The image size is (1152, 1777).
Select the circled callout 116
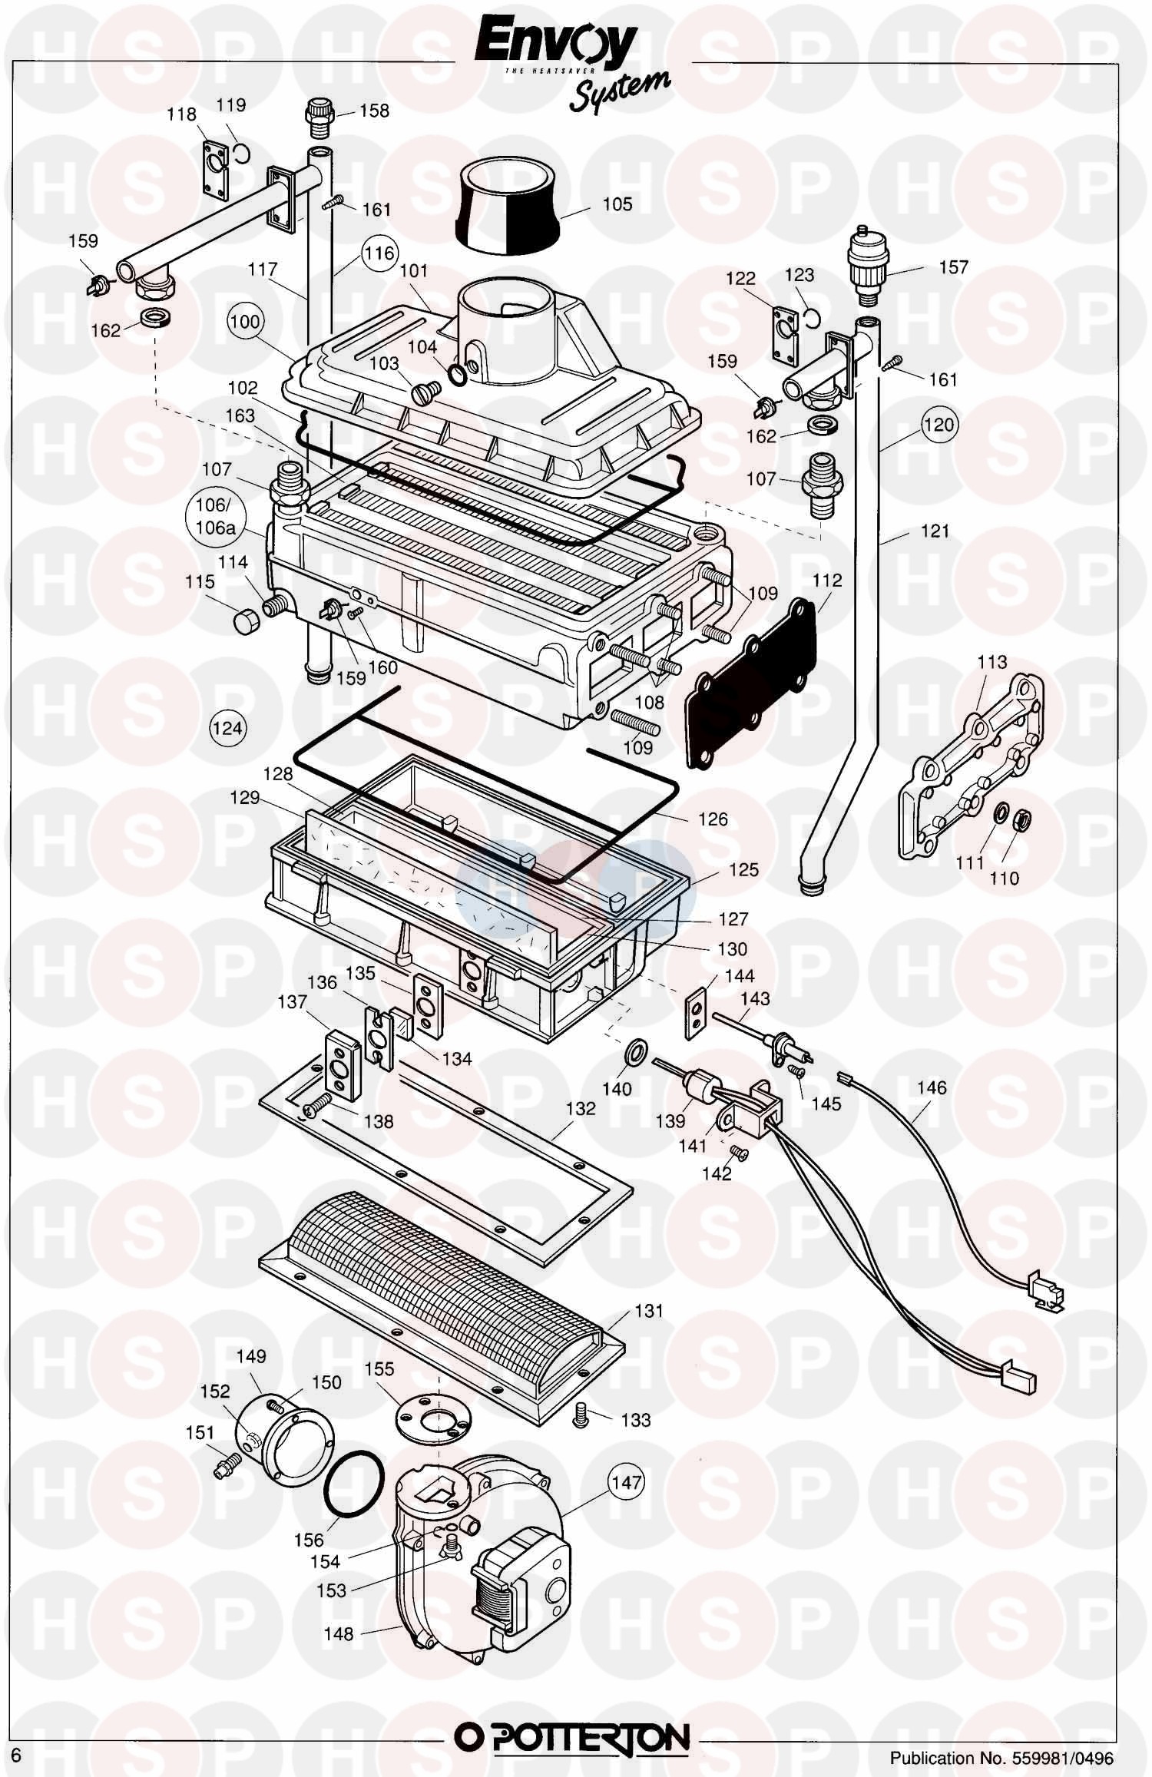click(379, 253)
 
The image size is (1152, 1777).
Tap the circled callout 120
click(938, 425)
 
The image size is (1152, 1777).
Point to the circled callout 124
click(227, 727)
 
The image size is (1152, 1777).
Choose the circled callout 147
click(627, 1482)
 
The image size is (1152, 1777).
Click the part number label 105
click(617, 204)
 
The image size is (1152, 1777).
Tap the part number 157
click(953, 267)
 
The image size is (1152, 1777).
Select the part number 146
click(932, 1087)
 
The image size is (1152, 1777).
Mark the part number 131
click(648, 1311)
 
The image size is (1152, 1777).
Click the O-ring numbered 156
click(353, 1486)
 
